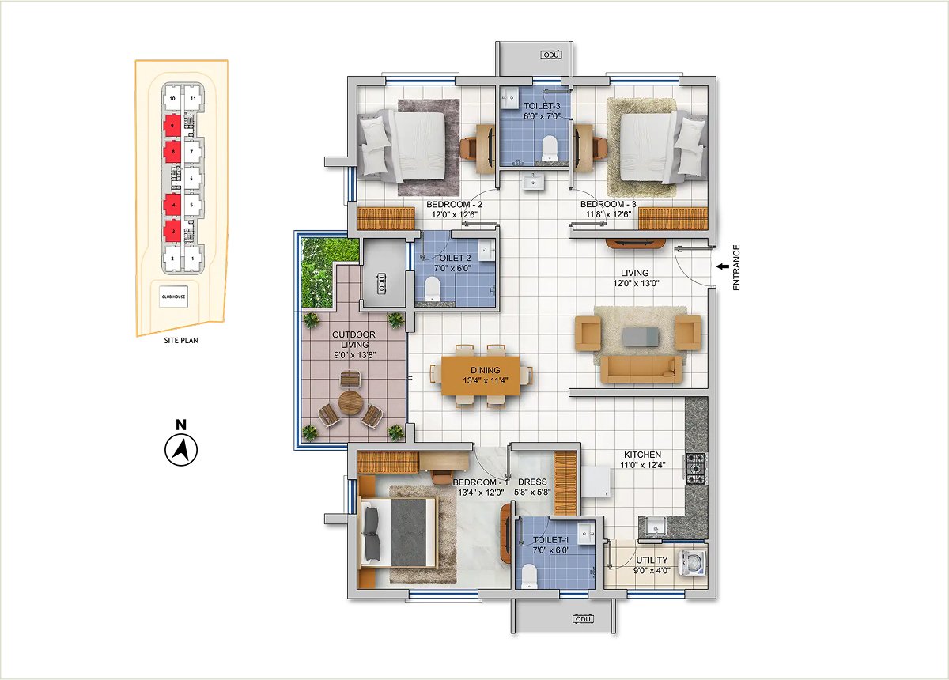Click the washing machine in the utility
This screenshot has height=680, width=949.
point(692,563)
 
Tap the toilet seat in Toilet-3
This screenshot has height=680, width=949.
point(550,148)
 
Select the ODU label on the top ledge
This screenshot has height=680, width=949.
point(551,55)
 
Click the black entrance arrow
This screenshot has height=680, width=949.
point(722,266)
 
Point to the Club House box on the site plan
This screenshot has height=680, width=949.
point(174,297)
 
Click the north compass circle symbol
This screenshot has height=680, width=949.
point(181,450)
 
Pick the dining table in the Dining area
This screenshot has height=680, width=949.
point(481,376)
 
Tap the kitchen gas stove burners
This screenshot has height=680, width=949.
point(695,469)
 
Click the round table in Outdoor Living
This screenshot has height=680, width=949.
point(350,402)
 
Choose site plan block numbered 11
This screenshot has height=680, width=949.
point(193,99)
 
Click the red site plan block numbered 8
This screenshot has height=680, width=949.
point(173,152)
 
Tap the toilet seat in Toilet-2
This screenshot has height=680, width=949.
point(432,289)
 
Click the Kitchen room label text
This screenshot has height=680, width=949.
point(643,455)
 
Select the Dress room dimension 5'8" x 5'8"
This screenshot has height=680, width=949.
point(532,493)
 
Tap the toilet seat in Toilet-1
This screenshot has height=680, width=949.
point(528,576)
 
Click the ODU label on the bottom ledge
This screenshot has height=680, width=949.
point(584,619)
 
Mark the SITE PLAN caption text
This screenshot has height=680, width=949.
point(181,340)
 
